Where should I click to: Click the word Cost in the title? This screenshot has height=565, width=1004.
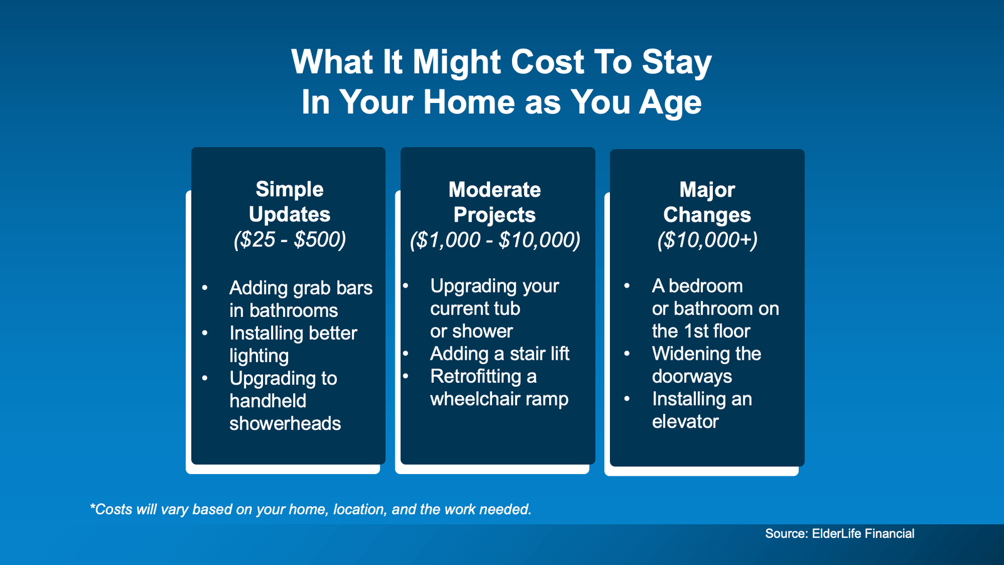[x=547, y=62]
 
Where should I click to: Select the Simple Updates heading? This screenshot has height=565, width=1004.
[x=289, y=202]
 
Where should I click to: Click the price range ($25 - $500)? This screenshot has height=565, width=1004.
[x=289, y=240]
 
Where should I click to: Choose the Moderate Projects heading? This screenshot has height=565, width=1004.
[x=494, y=202]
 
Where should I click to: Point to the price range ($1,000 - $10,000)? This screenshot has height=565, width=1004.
[x=494, y=240]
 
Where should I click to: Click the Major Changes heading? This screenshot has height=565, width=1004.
[x=707, y=202]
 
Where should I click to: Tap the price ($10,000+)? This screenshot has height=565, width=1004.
[x=707, y=240]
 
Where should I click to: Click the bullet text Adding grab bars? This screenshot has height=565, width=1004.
[x=301, y=288]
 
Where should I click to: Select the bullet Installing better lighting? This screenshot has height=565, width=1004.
[x=293, y=333]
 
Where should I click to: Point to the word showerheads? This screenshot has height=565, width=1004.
[x=285, y=424]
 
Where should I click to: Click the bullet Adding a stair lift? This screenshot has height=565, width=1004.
[x=499, y=354]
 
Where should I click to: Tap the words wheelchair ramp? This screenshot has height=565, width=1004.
[x=499, y=399]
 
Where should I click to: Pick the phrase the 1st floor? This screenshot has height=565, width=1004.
[x=700, y=331]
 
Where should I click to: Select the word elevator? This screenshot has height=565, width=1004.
[x=685, y=422]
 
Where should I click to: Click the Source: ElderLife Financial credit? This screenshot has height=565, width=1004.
[x=839, y=534]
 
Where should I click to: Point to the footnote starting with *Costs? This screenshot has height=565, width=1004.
[x=311, y=509]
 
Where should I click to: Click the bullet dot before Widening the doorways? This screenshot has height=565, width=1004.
[x=626, y=354]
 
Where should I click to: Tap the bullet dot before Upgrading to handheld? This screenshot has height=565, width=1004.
[x=205, y=378]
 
